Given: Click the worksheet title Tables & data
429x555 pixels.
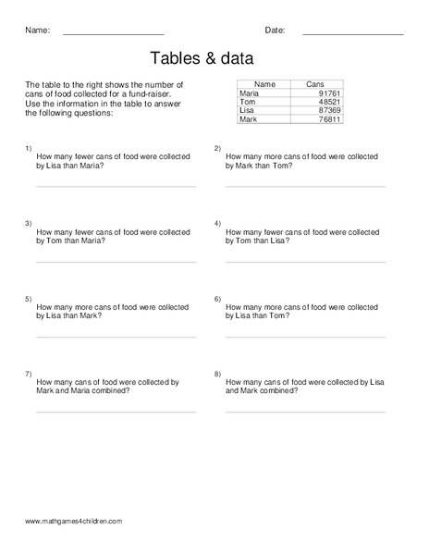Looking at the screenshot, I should click(214, 57).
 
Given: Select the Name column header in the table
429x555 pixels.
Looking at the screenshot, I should click(264, 84).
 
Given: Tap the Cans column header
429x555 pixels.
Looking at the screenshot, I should click(315, 84).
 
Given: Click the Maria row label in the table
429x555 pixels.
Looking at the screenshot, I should click(250, 93).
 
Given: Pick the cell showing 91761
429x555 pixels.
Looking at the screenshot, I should click(329, 93).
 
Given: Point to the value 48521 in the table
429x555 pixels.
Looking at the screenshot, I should click(329, 102).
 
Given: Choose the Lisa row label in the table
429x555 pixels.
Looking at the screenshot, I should click(247, 110).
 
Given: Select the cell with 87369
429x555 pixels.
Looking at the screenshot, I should click(329, 110).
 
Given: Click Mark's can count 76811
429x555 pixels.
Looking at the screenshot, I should click(329, 119).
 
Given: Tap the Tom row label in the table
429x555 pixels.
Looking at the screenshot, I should click(247, 102).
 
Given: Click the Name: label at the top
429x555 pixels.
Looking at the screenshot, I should click(37, 31).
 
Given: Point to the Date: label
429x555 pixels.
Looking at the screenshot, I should click(275, 31).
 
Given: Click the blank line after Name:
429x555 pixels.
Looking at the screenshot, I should click(113, 34).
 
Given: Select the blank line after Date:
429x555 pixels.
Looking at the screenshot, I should click(352, 34).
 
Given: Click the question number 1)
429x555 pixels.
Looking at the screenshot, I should click(29, 148).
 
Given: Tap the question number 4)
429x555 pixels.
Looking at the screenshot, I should click(217, 224).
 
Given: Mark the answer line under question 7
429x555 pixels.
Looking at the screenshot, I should click(116, 412).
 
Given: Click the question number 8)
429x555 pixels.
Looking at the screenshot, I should click(217, 374).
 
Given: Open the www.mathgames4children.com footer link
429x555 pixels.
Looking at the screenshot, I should click(74, 522).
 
